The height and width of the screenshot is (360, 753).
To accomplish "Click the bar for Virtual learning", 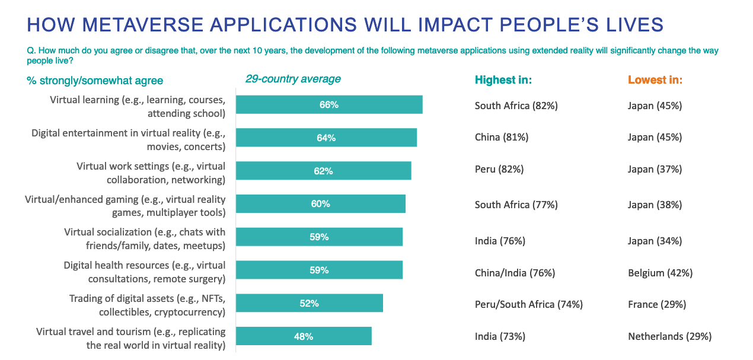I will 329,104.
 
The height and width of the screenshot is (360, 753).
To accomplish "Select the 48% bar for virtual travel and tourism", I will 304,336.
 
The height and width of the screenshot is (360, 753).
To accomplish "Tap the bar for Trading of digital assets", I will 310,303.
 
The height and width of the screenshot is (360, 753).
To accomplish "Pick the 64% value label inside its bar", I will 326,138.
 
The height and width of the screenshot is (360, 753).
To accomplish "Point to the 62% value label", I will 323,171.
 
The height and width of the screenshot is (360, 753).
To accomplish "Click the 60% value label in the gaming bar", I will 320,204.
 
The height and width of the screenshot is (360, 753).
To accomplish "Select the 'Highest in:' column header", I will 503,80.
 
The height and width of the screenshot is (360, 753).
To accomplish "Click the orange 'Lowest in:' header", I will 655,80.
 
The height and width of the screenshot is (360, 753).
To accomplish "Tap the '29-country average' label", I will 293,79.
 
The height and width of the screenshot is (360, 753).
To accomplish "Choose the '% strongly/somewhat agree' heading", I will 95,81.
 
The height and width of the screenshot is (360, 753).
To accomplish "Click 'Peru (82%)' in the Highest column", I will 499,169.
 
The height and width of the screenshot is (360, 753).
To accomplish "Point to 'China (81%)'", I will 502,137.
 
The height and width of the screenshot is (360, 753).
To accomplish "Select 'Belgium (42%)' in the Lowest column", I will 660,273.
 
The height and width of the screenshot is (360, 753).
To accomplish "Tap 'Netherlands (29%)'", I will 669,336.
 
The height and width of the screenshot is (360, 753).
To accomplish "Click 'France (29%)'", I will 657,304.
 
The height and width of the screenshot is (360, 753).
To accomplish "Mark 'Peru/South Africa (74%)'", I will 529,304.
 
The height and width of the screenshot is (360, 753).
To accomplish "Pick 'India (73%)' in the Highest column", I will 500,336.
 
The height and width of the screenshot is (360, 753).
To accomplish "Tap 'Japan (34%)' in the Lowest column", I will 655,241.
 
